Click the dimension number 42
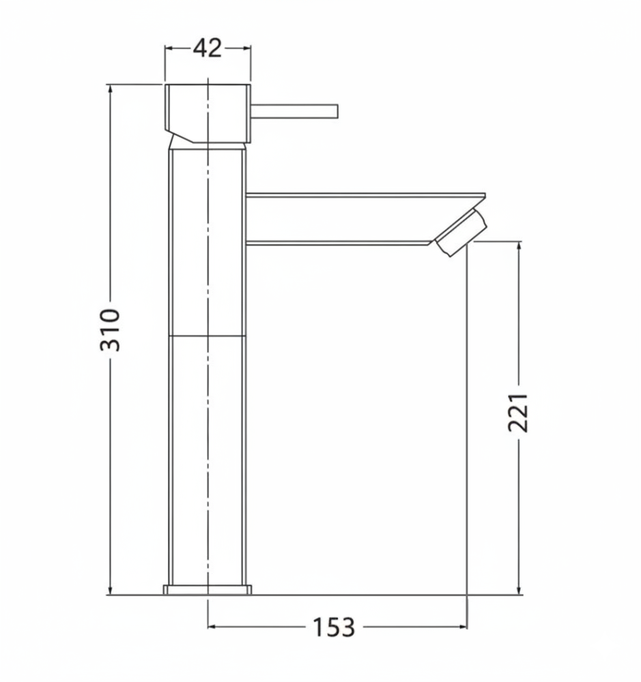tap(208, 48)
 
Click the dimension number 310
tap(110, 329)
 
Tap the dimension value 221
tap(518, 413)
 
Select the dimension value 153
tap(334, 627)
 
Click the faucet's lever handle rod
tap(294, 111)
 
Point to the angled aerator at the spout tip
tap(461, 233)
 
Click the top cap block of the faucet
tap(208, 113)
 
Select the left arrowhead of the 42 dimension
tap(169, 48)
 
